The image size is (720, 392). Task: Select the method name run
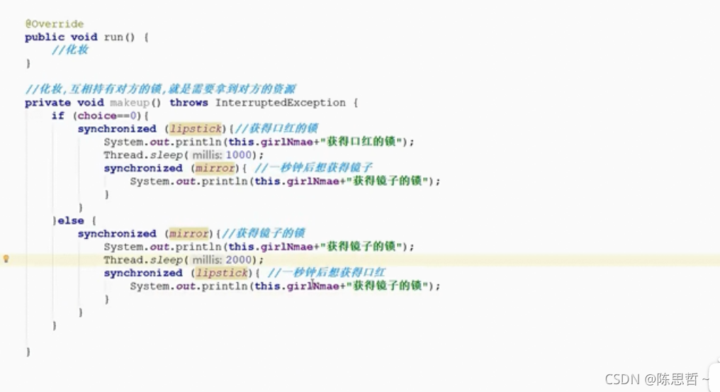tap(113, 37)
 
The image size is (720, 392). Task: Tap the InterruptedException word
tap(280, 103)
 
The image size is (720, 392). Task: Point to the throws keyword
tap(189, 103)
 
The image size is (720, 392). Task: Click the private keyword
tap(47, 103)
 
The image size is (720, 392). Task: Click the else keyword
tap(71, 220)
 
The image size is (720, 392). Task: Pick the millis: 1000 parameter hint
tap(227, 155)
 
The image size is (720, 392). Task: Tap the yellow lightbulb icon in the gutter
tap(6, 259)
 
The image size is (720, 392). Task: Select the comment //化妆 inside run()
tap(69, 50)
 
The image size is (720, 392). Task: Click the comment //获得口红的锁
tap(274, 129)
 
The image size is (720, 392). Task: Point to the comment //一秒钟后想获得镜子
tap(313, 168)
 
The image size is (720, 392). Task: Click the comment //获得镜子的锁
tap(261, 233)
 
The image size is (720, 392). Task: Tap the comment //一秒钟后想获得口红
tap(326, 273)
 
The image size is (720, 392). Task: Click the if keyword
tap(57, 116)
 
